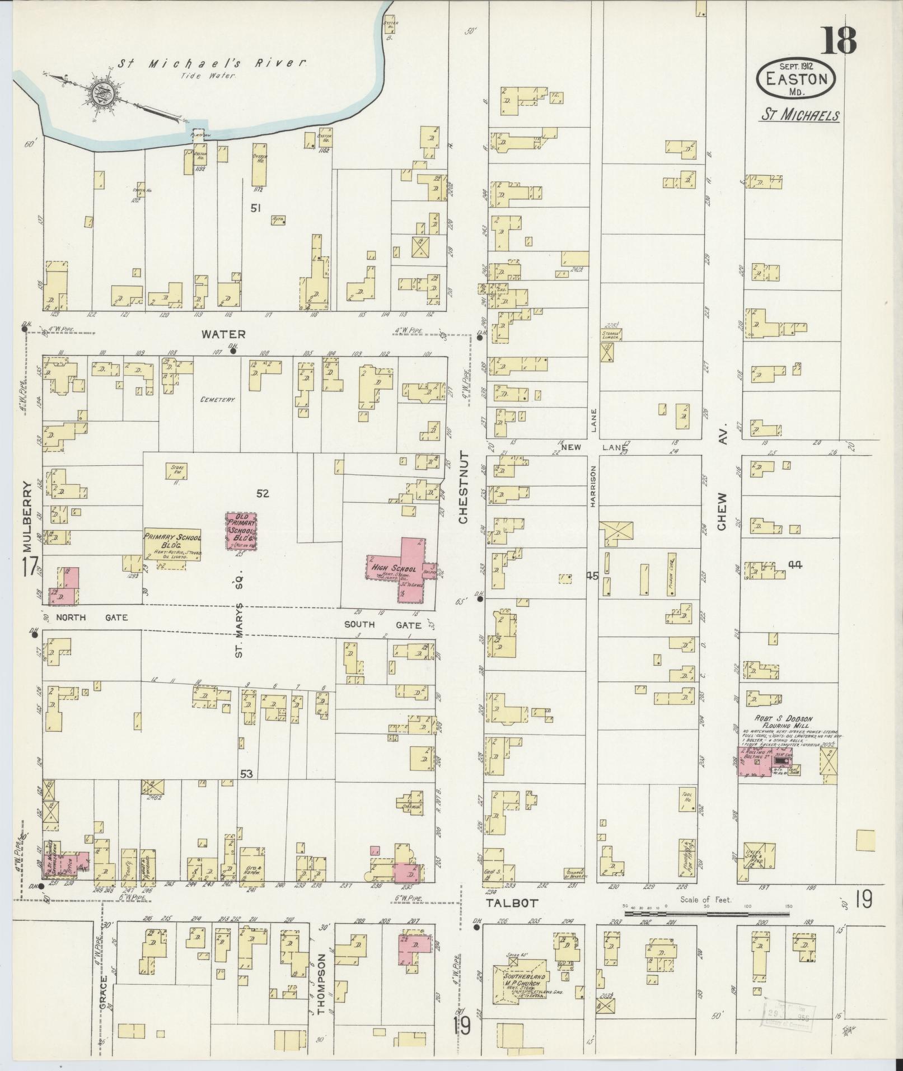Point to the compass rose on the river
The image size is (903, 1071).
pos(104,91)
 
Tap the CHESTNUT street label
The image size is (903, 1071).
pos(463,487)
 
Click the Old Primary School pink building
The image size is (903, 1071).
pos(241,530)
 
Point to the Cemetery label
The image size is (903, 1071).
pos(216,400)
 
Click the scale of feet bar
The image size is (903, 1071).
pos(705,914)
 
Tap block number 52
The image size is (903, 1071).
pos(263,493)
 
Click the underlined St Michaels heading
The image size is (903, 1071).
pos(799,115)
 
